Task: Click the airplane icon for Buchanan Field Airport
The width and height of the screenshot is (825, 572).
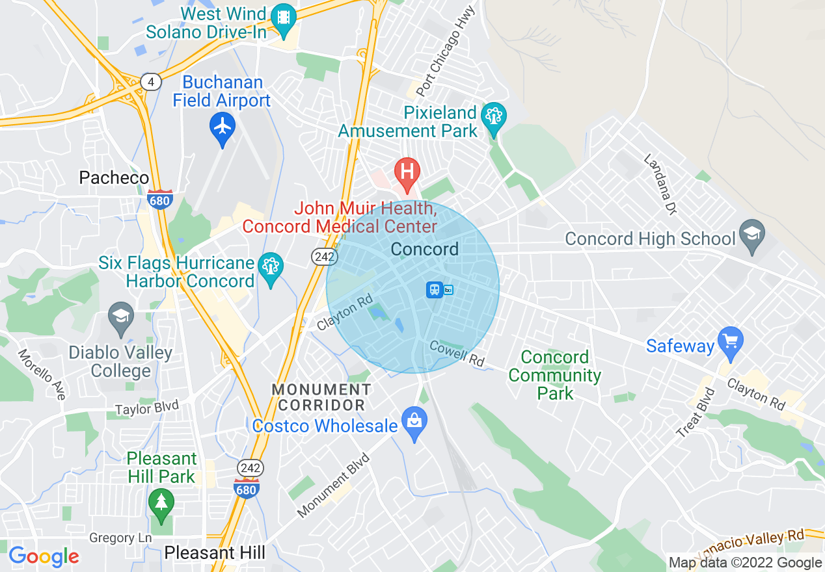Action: coord(223,127)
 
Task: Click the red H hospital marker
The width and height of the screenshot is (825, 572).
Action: coord(407,172)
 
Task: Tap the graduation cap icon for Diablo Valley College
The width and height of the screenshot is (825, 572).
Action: coord(121,317)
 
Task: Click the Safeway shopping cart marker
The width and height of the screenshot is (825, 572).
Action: coord(731,341)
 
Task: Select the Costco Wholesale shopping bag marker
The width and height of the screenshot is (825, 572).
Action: coord(414,421)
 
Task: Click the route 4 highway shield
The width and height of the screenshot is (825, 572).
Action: coord(152,82)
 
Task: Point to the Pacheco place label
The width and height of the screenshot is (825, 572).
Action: coord(114,177)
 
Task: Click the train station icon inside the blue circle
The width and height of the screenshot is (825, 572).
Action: coord(435,290)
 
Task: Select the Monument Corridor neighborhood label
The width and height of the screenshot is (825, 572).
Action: coord(321,397)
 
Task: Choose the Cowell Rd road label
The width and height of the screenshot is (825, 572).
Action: coord(457,354)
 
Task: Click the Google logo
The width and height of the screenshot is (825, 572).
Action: coord(44,556)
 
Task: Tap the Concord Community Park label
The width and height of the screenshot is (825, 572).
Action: coord(555,375)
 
